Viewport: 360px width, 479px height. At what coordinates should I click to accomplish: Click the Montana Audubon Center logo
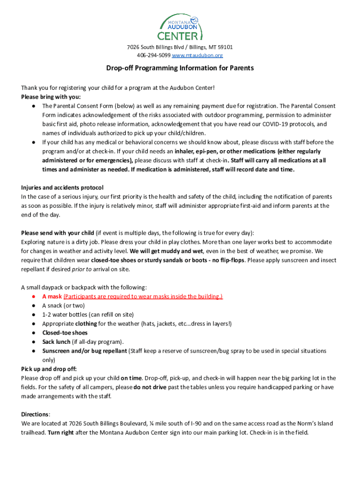[x=180, y=27]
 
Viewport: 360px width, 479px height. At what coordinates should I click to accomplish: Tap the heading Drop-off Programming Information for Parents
[x=180, y=68]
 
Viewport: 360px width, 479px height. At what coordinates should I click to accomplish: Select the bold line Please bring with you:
[x=51, y=97]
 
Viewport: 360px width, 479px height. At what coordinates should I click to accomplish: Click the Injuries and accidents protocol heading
[x=62, y=188]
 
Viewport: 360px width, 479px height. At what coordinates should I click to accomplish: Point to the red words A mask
[x=52, y=297]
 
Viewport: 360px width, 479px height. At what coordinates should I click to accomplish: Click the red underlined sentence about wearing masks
[x=143, y=297]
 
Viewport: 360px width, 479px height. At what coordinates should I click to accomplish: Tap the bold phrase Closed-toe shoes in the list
[x=65, y=333]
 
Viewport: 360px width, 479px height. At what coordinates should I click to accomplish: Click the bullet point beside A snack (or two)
[x=34, y=305]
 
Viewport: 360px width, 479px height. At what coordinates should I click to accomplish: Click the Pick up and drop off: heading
[x=49, y=369]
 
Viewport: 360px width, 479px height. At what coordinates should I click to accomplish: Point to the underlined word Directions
[x=35, y=414]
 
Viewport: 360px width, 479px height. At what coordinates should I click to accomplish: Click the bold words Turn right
[x=61, y=433]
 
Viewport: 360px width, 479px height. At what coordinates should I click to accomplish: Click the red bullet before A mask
[x=34, y=297]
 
